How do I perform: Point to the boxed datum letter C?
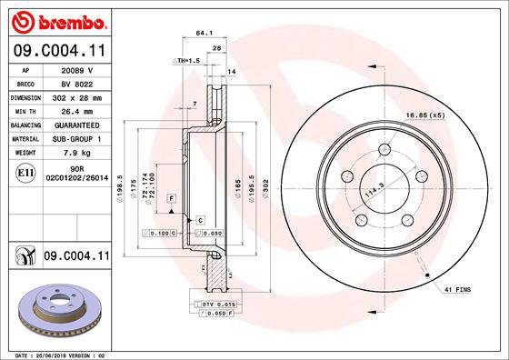(199, 220)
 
